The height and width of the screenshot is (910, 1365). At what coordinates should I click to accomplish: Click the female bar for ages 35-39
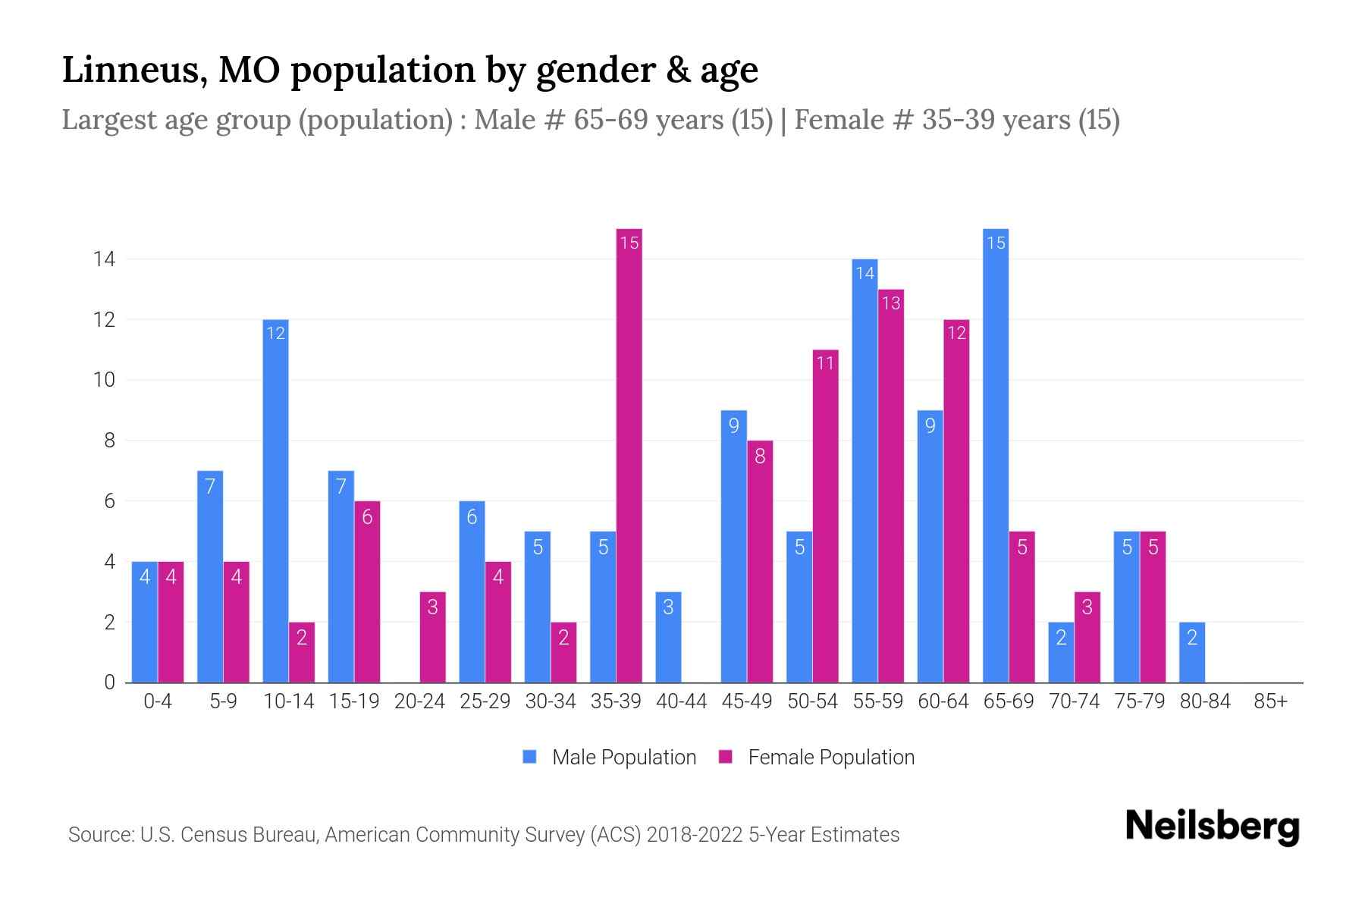point(629,455)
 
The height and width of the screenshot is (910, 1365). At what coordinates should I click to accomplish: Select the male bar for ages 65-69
point(996,455)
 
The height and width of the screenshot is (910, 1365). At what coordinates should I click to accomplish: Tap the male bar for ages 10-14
point(275,500)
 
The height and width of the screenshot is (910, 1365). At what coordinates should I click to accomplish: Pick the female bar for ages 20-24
point(432,637)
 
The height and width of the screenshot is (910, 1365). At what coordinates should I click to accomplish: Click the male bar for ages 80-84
point(1192,652)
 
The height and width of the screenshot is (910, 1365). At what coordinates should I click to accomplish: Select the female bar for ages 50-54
point(825,516)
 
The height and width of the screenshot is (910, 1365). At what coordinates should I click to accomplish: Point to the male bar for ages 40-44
point(668,637)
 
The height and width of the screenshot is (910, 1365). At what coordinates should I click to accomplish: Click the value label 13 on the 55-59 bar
point(891,303)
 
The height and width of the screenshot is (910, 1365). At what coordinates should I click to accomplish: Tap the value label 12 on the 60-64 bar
point(956,333)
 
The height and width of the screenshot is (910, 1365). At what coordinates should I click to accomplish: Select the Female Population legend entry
point(817,757)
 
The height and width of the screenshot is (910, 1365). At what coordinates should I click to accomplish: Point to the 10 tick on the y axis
point(104,380)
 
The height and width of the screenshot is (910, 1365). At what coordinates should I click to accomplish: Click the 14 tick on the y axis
point(104,259)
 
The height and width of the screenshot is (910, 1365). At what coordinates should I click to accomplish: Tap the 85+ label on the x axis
point(1270,701)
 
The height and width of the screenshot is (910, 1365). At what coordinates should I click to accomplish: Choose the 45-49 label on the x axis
point(747,701)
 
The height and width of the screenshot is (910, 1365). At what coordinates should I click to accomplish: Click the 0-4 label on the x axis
point(158,701)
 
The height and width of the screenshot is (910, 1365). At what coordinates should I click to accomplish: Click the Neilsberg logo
point(1212,827)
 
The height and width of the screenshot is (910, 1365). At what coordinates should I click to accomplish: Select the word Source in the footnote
point(101,835)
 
